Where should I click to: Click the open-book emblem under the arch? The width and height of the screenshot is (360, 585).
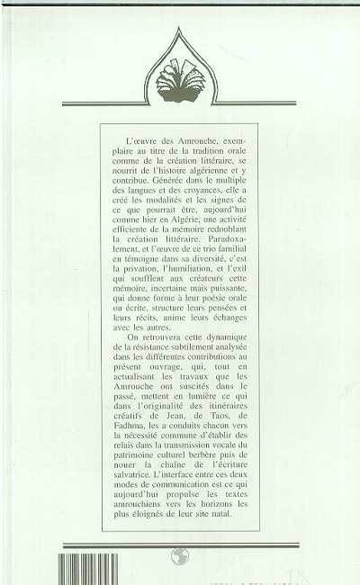181,82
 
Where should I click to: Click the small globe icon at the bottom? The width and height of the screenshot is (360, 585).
180,555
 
